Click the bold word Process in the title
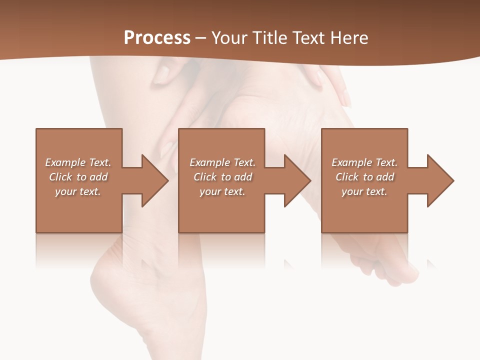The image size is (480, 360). coord(157,38)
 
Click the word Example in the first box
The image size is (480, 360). coord(65,162)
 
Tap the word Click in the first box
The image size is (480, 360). coord(60,177)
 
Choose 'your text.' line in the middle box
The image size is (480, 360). coord(222,191)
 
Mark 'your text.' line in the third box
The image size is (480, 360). coord(364,191)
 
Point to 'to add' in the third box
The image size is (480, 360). coord(378,177)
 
